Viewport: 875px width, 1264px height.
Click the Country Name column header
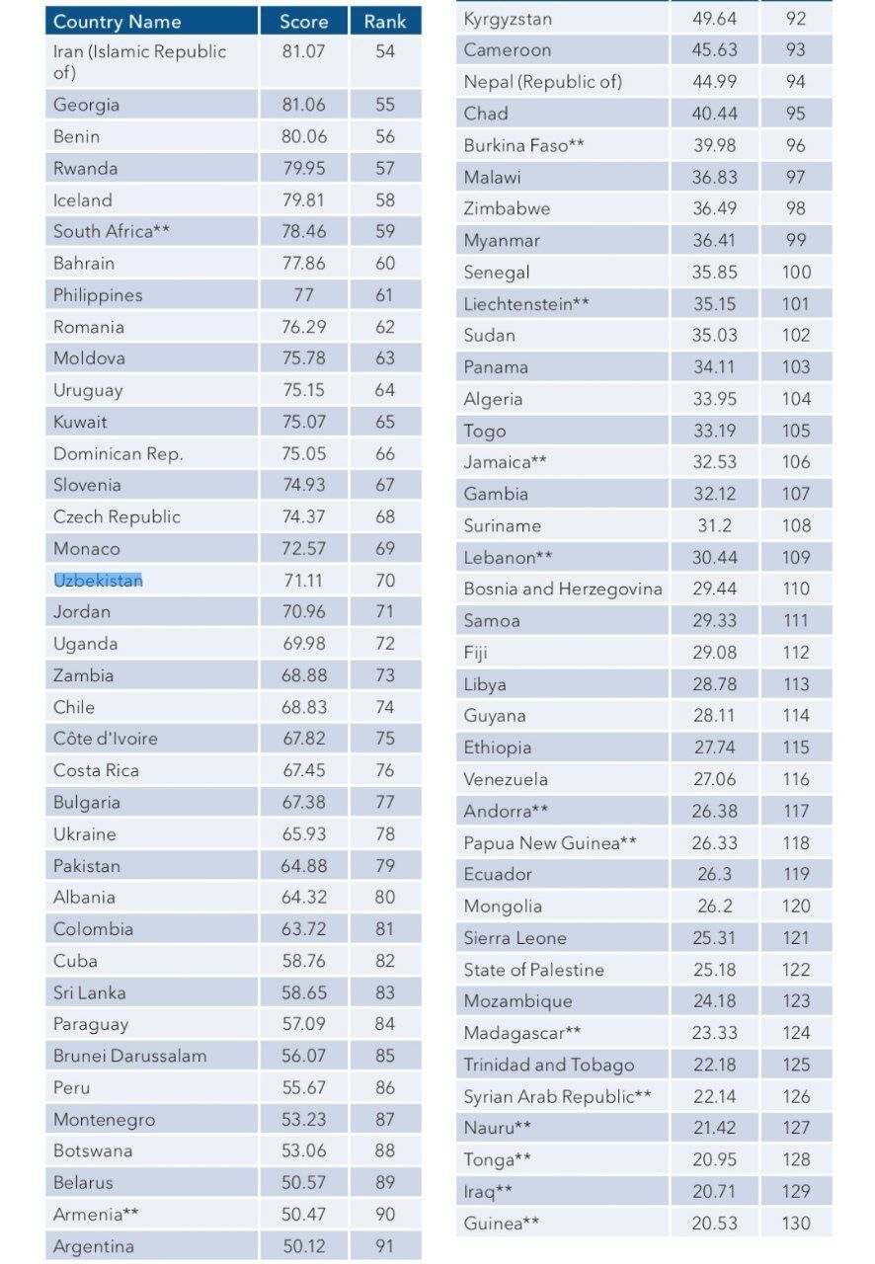(x=117, y=22)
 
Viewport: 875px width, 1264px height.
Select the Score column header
(x=304, y=22)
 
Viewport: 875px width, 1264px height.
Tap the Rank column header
(x=385, y=22)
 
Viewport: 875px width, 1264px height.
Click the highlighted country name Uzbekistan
(x=98, y=580)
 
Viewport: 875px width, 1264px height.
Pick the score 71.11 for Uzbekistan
(x=304, y=580)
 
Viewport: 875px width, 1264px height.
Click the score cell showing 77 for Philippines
(x=304, y=294)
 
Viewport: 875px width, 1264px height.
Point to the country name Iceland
(x=82, y=200)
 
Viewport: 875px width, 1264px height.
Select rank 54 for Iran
(x=385, y=51)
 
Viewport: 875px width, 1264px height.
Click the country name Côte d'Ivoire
(x=106, y=738)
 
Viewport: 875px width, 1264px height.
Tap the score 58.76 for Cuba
(x=304, y=961)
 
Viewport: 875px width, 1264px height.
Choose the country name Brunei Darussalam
(x=129, y=1056)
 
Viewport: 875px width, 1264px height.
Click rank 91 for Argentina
(x=385, y=1246)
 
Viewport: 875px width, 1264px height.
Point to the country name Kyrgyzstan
(x=508, y=20)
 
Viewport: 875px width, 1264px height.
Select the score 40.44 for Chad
(x=715, y=114)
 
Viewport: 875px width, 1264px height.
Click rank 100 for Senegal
(x=796, y=272)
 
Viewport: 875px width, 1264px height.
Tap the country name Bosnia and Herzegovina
(x=563, y=589)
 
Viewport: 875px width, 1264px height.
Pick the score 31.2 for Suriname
(x=715, y=525)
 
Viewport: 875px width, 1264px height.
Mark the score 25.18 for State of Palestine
(x=715, y=970)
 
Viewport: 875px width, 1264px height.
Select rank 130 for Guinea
(x=796, y=1223)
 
